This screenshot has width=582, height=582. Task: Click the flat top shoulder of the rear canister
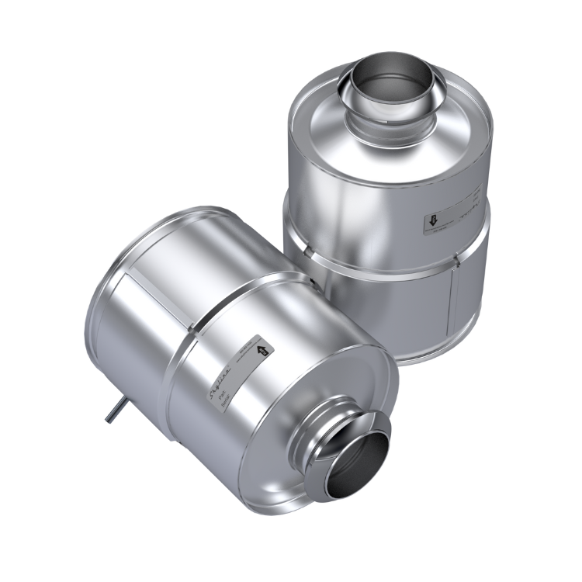coord(318,116)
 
